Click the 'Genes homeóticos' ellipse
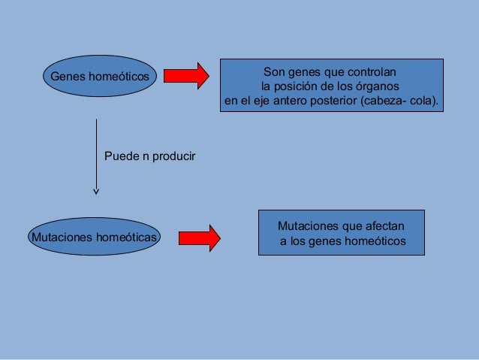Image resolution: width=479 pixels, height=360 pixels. point(97,77)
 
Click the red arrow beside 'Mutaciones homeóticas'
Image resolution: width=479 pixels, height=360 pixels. point(199,237)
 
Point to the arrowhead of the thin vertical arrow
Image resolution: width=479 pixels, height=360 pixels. point(96,192)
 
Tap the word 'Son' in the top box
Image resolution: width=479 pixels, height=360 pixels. point(273,73)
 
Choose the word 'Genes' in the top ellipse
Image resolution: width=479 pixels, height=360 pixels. point(66,77)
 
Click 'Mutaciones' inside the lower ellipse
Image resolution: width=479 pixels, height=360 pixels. point(59,237)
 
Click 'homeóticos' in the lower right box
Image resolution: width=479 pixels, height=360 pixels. point(373,241)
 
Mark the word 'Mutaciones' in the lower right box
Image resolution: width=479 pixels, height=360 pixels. point(307,226)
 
